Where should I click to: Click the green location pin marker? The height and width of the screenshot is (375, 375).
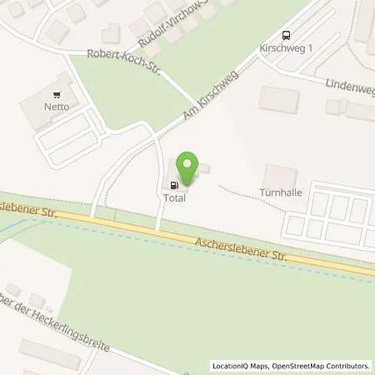191,168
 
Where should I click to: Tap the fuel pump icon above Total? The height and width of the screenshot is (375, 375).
173,186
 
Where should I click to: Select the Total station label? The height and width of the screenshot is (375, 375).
174,199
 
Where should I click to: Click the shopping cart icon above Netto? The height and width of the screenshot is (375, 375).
57,96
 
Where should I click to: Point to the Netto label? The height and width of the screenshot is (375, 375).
57,107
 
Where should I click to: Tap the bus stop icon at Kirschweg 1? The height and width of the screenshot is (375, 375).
287,35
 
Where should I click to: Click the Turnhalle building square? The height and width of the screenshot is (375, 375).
279,176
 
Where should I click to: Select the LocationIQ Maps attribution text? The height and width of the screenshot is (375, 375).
241,366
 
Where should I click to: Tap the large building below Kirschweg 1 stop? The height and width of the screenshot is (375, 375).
278,99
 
